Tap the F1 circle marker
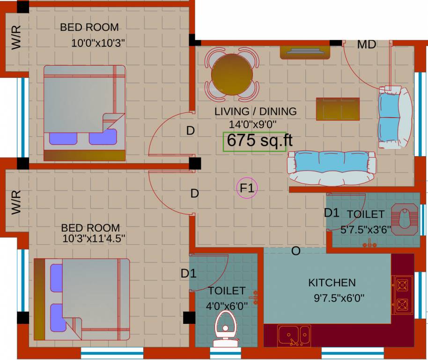point(247,188)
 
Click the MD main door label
point(366,45)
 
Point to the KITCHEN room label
point(332,283)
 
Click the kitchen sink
point(294,336)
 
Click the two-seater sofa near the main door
point(395,117)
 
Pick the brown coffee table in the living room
point(338,109)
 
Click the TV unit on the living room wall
point(305,52)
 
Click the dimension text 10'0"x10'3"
point(98,43)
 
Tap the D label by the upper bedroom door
point(190,131)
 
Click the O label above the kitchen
point(295,251)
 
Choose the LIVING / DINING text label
point(255,112)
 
